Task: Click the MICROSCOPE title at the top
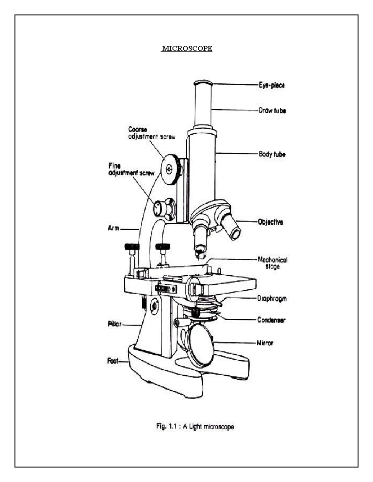coord(187,48)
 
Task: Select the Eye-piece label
coord(272,85)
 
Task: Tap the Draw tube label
coord(272,110)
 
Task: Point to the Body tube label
coord(272,154)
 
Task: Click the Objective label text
coord(270,222)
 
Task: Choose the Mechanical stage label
coord(272,263)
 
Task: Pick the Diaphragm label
coord(272,299)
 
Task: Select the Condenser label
coord(271,320)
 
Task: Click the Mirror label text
coord(265,343)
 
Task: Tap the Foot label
coord(113,361)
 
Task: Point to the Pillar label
coord(114,325)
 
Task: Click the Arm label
coord(113,228)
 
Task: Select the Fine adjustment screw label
coord(131,169)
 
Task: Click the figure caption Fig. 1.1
coord(195,426)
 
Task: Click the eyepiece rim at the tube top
coord(203,83)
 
